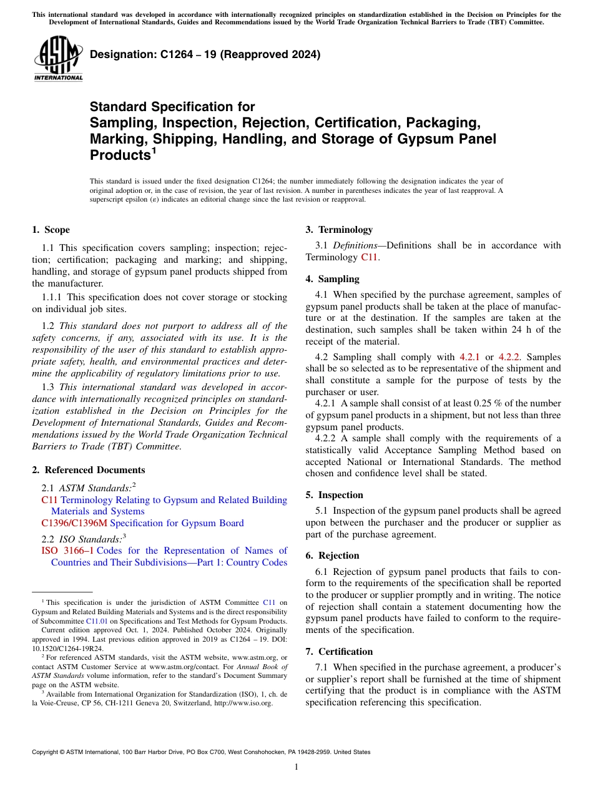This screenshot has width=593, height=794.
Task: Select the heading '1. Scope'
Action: pyautogui.click(x=51, y=230)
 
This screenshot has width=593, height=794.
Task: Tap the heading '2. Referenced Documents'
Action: pyautogui.click(x=88, y=470)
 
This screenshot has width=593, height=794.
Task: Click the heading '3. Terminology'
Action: pyautogui.click(x=339, y=230)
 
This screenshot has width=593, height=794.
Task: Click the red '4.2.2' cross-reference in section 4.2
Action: pyautogui.click(x=509, y=357)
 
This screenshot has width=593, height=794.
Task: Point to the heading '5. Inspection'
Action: pyautogui.click(x=334, y=495)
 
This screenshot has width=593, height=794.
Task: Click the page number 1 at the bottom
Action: pyautogui.click(x=296, y=767)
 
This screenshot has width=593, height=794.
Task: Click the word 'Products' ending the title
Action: pyautogui.click(x=120, y=155)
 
